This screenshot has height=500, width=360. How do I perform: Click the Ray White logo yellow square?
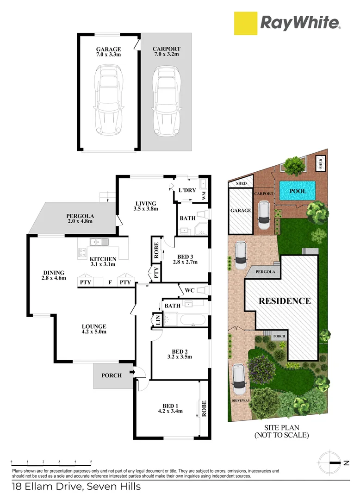246,23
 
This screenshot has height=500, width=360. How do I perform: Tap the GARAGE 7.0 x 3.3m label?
108,52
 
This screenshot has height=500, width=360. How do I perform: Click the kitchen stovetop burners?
83,253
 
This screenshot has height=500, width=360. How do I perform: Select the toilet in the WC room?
202,291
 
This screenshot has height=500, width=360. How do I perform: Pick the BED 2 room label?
179,354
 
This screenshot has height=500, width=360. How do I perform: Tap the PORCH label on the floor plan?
112,375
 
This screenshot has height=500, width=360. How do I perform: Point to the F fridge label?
110,282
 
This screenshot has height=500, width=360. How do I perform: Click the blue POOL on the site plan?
298,191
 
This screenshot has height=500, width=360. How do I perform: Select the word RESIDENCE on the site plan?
285,301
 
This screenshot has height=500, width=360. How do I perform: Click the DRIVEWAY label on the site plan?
239,400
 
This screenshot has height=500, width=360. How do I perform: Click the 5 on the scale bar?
91,462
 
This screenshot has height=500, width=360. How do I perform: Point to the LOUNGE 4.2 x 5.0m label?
95,329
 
